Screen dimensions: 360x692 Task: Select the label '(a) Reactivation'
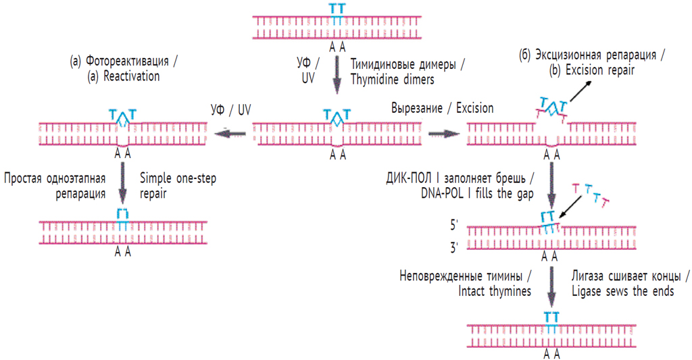point(124,76)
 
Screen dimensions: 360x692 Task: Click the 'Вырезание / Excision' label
point(442,108)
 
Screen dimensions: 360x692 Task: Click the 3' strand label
point(453,248)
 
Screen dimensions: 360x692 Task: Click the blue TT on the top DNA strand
point(337,10)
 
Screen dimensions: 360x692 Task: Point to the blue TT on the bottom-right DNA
point(551,317)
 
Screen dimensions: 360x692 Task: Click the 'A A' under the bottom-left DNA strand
point(122,252)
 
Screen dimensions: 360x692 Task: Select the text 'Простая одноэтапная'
point(55,179)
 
